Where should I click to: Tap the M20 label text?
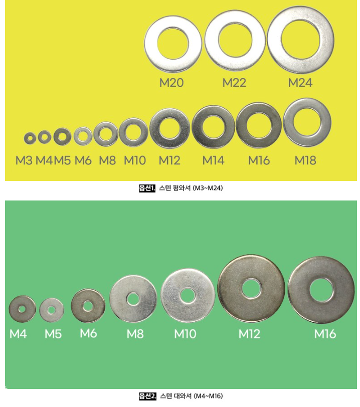[171, 83]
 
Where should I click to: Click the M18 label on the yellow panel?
[305, 160]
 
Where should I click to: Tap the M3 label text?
[24, 160]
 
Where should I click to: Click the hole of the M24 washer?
[300, 40]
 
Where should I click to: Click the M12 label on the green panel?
[249, 334]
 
